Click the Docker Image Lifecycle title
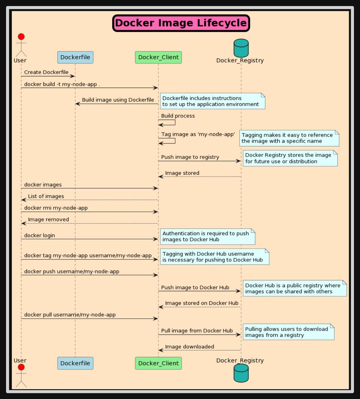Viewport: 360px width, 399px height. coord(181,23)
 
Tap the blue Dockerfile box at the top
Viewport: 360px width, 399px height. coord(75,57)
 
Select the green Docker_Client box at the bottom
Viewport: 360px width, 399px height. coord(158,363)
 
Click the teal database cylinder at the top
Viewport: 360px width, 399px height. coord(241,48)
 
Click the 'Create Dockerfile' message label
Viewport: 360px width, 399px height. coord(46,72)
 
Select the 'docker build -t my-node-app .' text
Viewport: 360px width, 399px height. coord(62,84)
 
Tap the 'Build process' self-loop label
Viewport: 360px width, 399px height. coord(178,116)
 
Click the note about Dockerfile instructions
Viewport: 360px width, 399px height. coord(213,101)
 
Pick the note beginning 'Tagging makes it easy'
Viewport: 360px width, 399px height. coord(289,138)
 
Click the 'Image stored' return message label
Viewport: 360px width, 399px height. coord(182,173)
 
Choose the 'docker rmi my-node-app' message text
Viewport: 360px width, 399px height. coord(56,208)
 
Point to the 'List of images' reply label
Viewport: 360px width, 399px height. coord(46,196)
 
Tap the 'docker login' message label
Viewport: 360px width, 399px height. coord(40,235)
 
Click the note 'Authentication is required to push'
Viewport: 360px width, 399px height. coord(207,236)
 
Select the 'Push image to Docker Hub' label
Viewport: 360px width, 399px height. coord(195,287)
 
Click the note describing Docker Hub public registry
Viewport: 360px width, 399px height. coord(295,288)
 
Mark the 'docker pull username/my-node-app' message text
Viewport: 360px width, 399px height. coord(70,315)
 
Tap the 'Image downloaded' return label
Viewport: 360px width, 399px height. coord(189,346)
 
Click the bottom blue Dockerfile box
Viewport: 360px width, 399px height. coord(75,363)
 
